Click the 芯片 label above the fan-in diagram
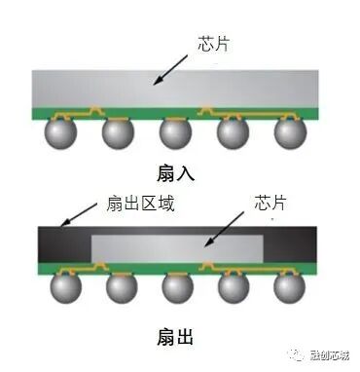click(x=212, y=45)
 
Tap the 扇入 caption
click(x=176, y=173)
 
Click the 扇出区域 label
click(x=135, y=205)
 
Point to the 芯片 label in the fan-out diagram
click(x=271, y=204)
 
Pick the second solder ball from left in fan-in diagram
click(x=117, y=132)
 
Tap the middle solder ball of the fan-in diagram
click(x=174, y=132)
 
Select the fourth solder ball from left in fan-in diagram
click(x=233, y=132)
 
